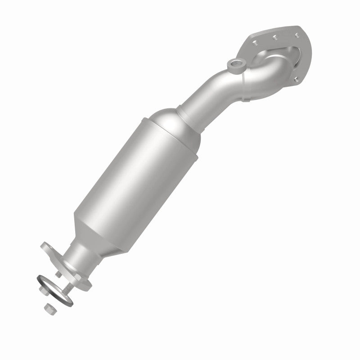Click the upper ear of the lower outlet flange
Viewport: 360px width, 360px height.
coord(46,247)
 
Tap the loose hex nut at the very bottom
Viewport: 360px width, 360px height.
coord(49,308)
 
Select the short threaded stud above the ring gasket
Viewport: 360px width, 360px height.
coord(58,274)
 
